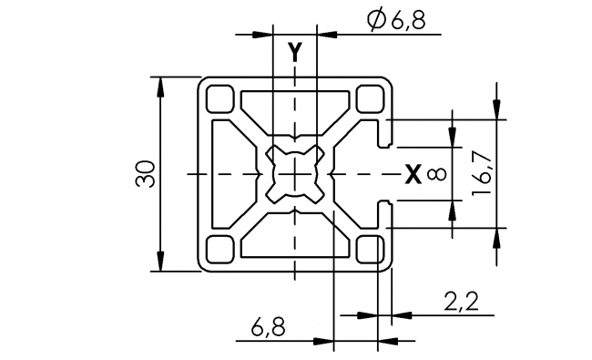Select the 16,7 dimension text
click(484, 173)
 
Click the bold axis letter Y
click(294, 53)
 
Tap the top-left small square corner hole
click(221, 97)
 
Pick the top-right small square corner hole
click(369, 97)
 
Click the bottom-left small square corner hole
click(221, 248)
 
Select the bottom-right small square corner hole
click(369, 248)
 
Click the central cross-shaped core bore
click(294, 172)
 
